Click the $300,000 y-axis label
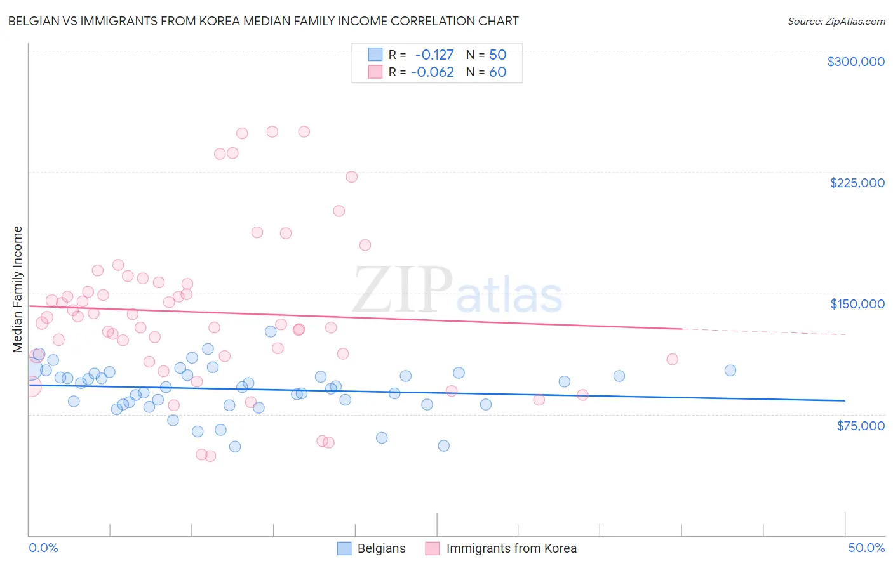(x=856, y=62)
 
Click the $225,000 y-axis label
(x=857, y=183)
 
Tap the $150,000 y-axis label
(x=857, y=304)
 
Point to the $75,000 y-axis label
(x=860, y=426)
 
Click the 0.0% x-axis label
(x=43, y=548)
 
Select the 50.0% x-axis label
(x=866, y=548)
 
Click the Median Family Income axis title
(x=18, y=289)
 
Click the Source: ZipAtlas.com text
(x=836, y=21)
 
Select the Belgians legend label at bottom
(x=381, y=548)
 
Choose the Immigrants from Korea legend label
(x=511, y=548)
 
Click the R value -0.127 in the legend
(x=434, y=55)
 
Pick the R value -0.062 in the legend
(x=433, y=72)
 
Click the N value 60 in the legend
(x=497, y=72)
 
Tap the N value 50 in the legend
(x=497, y=55)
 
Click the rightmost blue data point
(x=730, y=371)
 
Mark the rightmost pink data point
(x=672, y=359)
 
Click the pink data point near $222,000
(x=351, y=177)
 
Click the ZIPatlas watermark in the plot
(x=457, y=290)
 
